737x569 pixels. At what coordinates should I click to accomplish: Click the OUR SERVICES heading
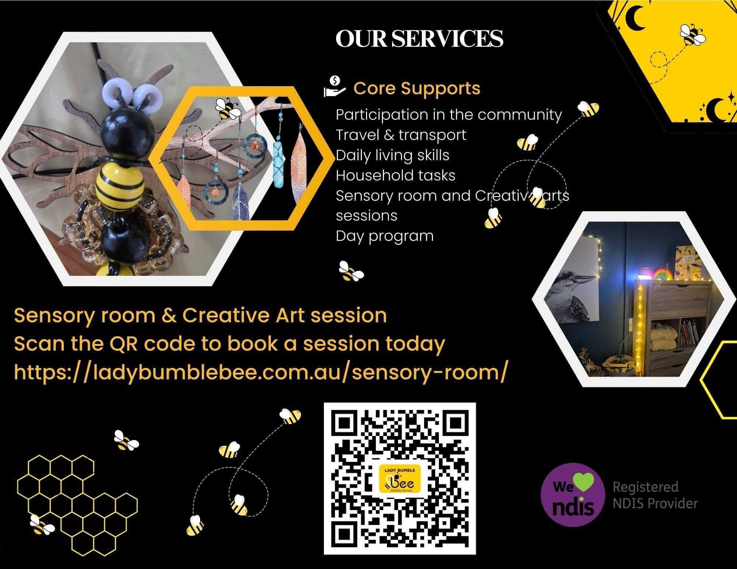(419, 39)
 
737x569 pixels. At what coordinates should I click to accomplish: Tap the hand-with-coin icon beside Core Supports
(335, 86)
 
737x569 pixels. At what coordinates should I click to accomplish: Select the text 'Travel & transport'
(401, 135)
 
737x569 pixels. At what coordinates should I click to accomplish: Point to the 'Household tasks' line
(395, 175)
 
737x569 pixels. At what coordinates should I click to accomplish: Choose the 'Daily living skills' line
(392, 155)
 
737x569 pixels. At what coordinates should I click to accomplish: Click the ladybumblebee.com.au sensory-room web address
(261, 372)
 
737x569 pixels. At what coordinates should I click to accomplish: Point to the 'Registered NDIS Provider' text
(655, 495)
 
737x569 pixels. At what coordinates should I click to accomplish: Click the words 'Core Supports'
(417, 88)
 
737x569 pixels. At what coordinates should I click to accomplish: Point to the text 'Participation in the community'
(449, 115)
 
